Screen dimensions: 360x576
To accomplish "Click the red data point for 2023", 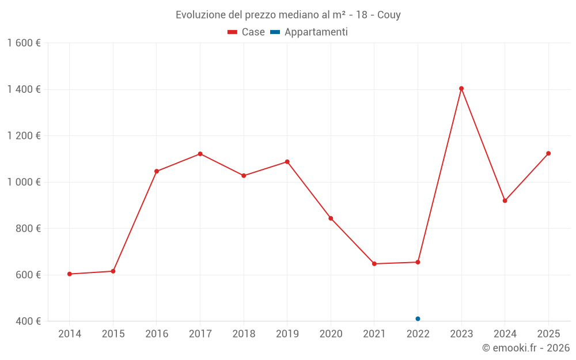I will coord(461,89).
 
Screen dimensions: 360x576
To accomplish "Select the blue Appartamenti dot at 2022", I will coord(418,319).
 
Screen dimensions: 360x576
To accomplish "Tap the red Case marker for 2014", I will coord(70,274).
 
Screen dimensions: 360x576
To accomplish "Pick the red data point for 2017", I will coord(200,154).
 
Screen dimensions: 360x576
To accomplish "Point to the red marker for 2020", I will coord(331,218).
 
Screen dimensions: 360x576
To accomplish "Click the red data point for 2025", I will coord(548,153).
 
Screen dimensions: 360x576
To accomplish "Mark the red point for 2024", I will coord(505,200).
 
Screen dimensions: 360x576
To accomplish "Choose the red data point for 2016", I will coord(157,171).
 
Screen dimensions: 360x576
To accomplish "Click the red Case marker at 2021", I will coord(374,264).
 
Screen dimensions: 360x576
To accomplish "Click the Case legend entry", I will coord(247,32).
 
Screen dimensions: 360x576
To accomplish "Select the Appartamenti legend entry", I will coord(309,32).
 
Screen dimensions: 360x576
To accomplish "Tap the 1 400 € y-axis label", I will coord(24,89).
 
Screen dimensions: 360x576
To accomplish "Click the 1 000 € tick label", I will coord(24,182).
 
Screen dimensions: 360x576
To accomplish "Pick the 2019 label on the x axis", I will coord(287,334).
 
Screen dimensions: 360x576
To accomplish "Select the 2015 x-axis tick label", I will coord(113,334).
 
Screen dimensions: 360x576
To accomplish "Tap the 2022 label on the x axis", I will coord(418,334).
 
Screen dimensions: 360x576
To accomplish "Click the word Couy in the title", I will coord(389,15).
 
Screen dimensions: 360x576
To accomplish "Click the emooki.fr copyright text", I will coord(525,348).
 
